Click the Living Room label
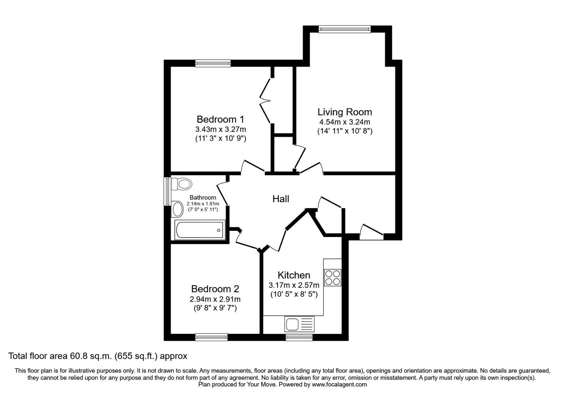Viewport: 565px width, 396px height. tap(345, 112)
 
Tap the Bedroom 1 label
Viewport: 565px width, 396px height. tap(220, 119)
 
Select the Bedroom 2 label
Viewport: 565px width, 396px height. tap(215, 289)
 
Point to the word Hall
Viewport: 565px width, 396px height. tap(281, 199)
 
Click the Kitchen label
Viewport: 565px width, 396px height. tap(294, 275)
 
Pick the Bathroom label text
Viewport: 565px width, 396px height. tap(203, 198)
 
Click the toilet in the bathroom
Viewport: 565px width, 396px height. tap(182, 184)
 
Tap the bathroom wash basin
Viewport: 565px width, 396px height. tap(177, 209)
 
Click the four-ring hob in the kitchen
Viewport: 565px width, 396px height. tap(332, 278)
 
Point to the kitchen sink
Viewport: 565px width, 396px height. tap(299, 324)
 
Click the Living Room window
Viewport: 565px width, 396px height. tap(345, 29)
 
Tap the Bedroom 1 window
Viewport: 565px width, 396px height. tap(213, 63)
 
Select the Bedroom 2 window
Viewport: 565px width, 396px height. tap(212, 337)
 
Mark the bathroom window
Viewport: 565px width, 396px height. tap(167, 191)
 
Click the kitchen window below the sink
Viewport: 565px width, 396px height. tap(299, 337)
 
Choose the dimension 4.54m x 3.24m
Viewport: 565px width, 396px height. tap(345, 122)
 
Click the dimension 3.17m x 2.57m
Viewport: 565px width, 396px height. tap(294, 285)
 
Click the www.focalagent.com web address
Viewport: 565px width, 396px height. tap(339, 385)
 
